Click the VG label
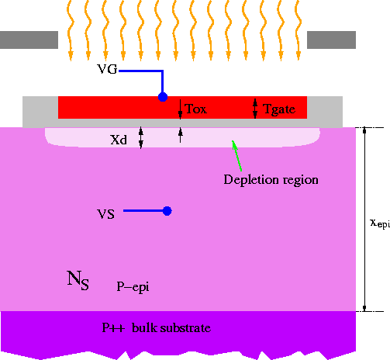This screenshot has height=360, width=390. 108,71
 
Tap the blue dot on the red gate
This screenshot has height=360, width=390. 163,97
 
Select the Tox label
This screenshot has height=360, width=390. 196,109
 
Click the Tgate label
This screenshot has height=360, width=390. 279,109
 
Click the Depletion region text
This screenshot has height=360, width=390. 271,180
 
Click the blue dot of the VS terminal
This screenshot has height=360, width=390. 167,211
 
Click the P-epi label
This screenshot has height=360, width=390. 133,286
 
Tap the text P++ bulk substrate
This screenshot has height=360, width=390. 157,328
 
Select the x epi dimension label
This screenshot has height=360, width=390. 379,223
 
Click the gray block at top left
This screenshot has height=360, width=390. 29,40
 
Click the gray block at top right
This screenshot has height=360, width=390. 332,40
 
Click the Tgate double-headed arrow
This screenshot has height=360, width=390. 256,109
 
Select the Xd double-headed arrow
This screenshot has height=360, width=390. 141,138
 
